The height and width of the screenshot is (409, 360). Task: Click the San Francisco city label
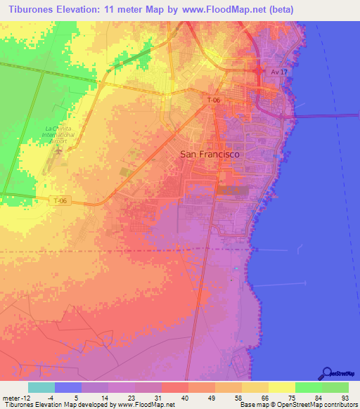pos(210,153)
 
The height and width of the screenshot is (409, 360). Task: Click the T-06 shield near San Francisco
pos(214,101)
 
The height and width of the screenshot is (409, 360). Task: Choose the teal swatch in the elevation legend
pos(41,387)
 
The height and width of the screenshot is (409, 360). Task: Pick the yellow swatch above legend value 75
pos(282,387)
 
